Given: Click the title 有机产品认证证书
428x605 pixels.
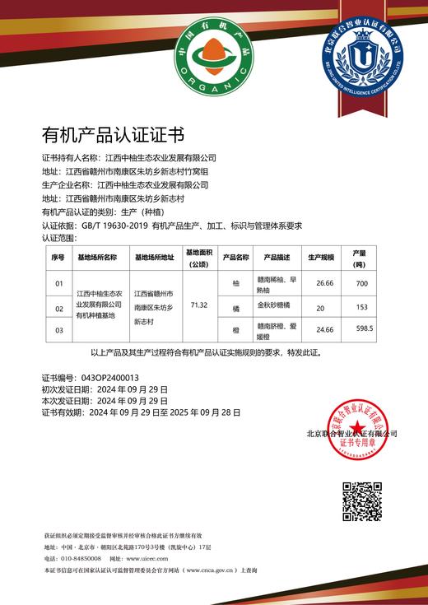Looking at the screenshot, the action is tap(113, 134).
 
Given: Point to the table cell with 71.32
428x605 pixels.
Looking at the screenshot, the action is tap(198, 305).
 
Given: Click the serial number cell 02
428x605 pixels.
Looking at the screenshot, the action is tap(58, 309).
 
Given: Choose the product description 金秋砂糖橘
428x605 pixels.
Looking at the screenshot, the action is tap(274, 305).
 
